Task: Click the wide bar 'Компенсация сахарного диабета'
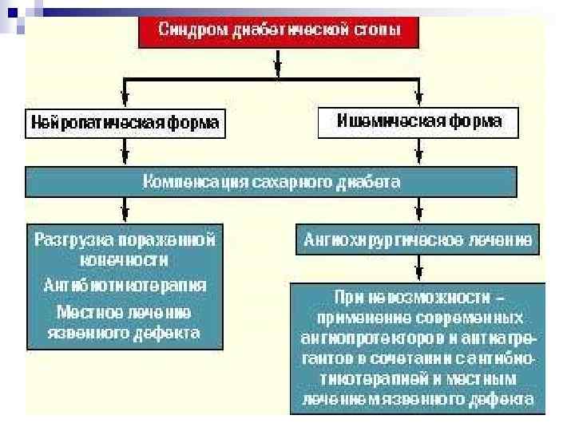click(272, 182)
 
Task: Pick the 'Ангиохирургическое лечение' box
click(418, 239)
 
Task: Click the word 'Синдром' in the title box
click(186, 32)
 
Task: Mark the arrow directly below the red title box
click(277, 61)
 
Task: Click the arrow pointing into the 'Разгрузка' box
click(124, 212)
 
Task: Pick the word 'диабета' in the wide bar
click(372, 182)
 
